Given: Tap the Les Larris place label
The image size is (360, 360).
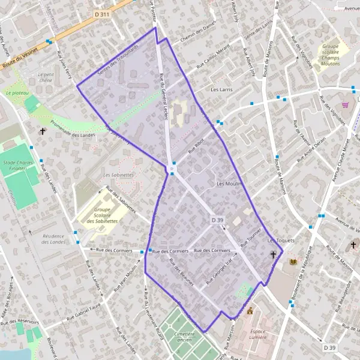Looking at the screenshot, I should tap(221, 89).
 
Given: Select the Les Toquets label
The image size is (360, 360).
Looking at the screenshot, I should tap(281, 240).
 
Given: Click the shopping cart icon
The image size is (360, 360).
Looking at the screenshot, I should tap(345, 104).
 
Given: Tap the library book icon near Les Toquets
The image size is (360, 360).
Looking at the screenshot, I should tap(293, 263).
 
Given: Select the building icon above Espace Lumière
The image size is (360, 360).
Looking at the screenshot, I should tap(250, 311).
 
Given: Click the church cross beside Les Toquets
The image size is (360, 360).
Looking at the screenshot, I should tap(274, 255).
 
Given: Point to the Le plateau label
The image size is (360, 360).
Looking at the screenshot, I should tap(17, 94).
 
